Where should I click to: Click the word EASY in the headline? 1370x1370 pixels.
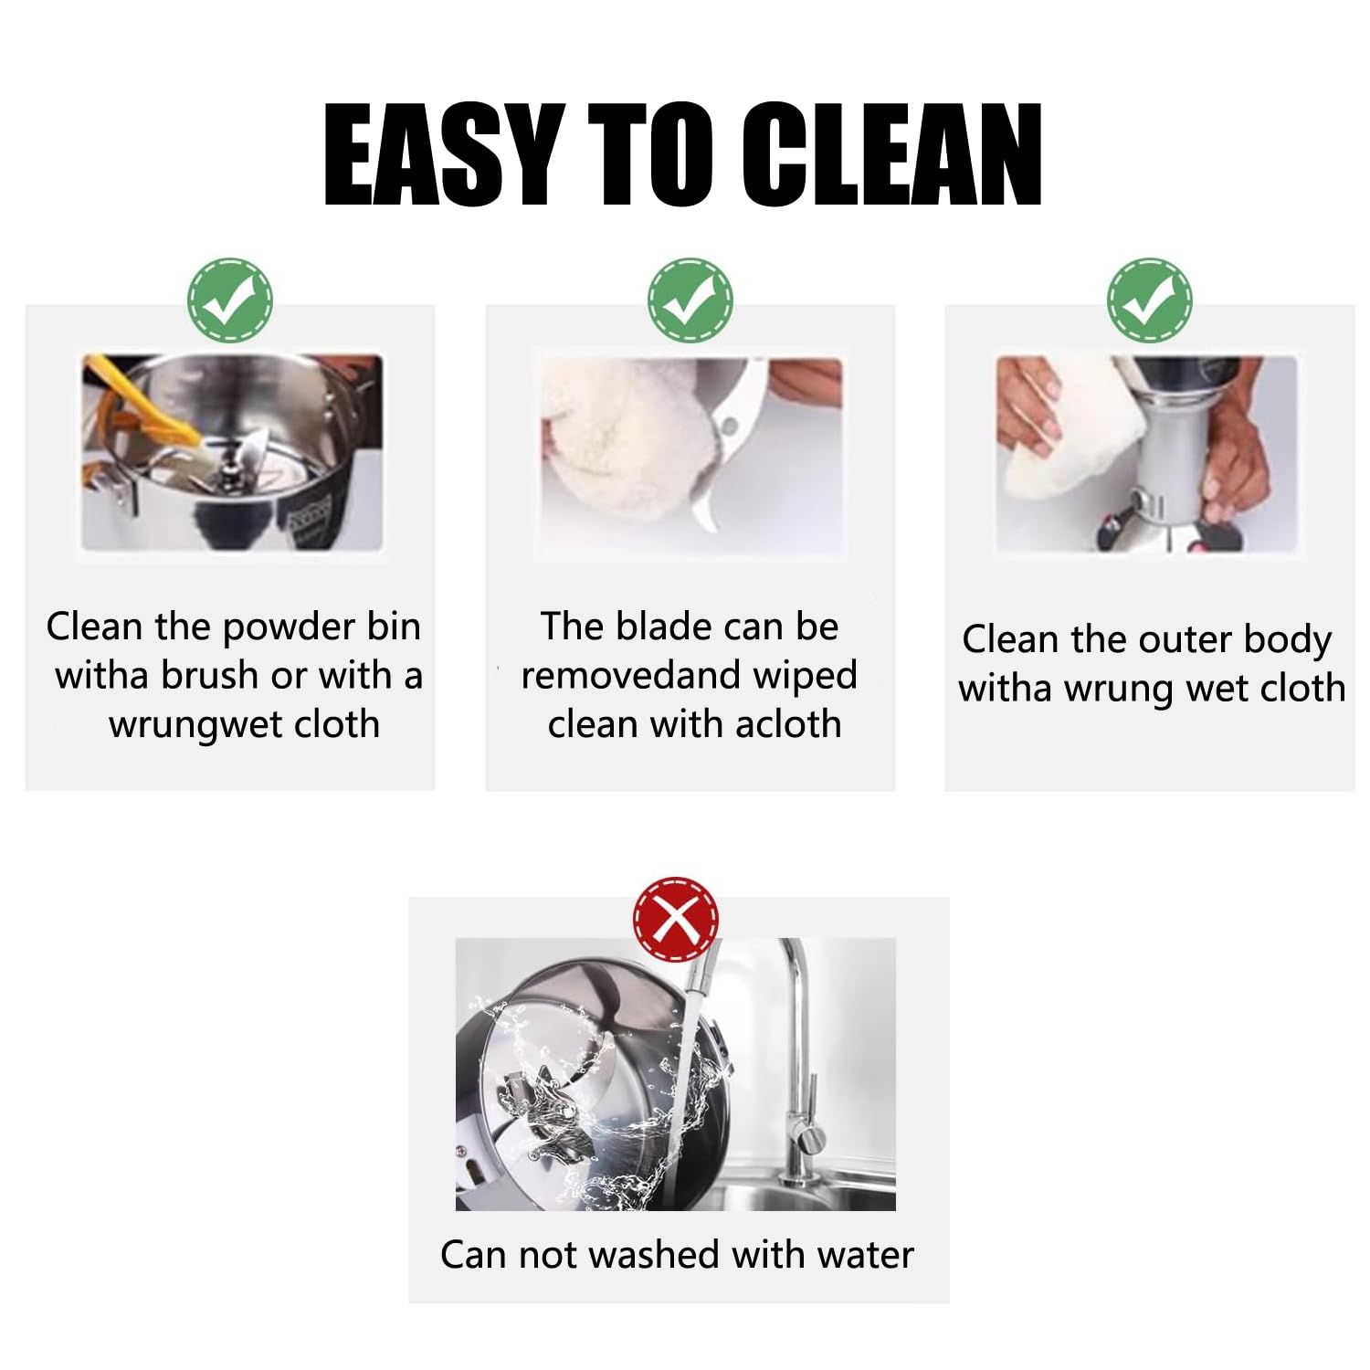[x=442, y=154]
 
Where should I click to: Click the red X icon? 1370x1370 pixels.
[x=676, y=920]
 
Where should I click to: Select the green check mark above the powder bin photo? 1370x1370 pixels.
[x=230, y=300]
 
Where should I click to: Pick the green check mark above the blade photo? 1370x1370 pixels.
[x=690, y=300]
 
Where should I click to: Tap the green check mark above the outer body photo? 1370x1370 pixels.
[x=1150, y=300]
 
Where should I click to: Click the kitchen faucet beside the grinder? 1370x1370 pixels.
[x=799, y=1059]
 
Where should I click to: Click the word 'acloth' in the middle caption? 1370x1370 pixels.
[x=788, y=724]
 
